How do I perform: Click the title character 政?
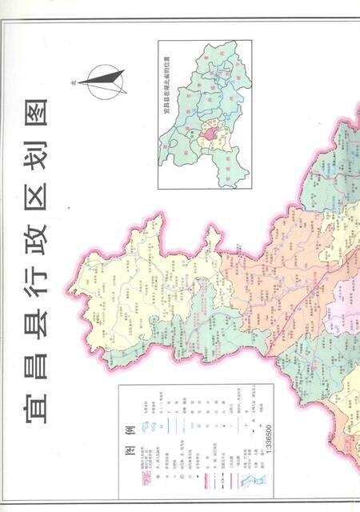tap(34, 232)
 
